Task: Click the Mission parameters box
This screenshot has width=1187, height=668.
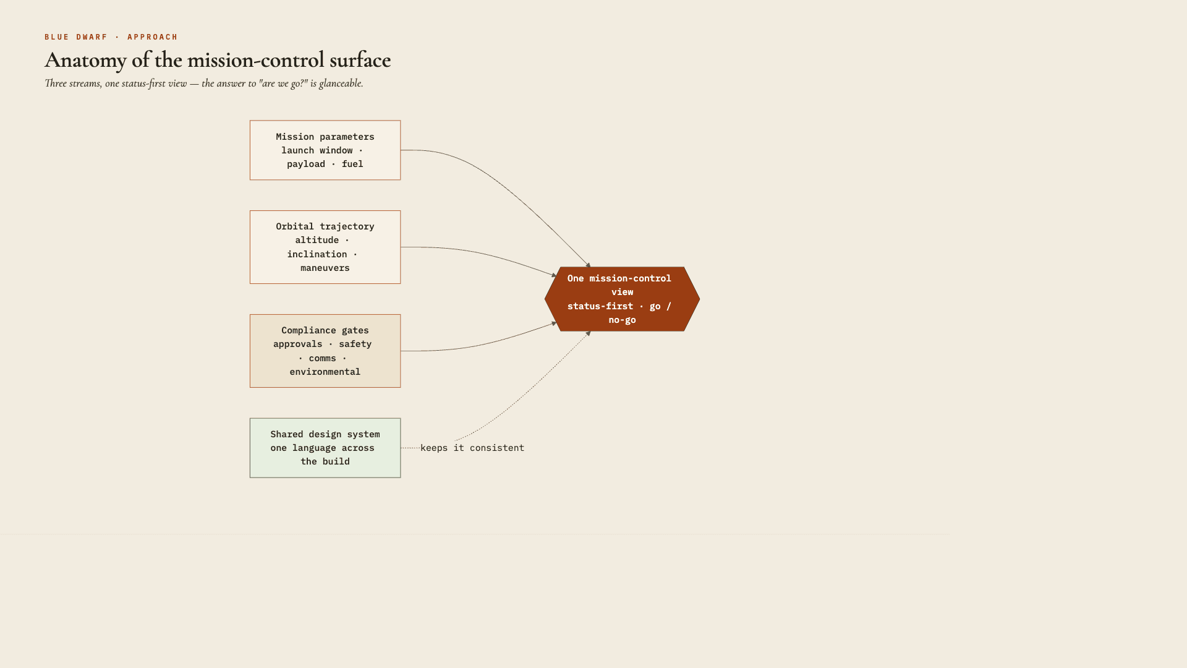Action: click(x=325, y=150)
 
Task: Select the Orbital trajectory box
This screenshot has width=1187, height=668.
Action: click(x=325, y=247)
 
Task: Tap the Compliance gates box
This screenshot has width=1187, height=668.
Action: click(x=325, y=351)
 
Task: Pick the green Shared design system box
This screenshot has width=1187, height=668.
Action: click(x=325, y=448)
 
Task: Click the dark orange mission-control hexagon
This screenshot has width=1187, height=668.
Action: click(x=622, y=299)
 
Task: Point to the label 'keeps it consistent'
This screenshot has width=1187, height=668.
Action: click(x=472, y=448)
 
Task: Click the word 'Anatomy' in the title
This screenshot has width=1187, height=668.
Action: click(x=85, y=61)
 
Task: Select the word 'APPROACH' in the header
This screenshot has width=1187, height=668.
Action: click(x=153, y=37)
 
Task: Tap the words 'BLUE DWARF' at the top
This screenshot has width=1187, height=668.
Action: click(x=76, y=37)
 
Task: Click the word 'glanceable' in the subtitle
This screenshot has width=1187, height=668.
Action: click(x=341, y=83)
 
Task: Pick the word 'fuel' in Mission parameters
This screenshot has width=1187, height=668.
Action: click(x=352, y=164)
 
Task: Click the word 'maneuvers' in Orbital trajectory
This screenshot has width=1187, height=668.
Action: click(x=325, y=268)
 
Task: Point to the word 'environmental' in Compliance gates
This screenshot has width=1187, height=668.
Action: click(x=325, y=372)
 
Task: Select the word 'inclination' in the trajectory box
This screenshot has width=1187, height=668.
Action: click(x=317, y=254)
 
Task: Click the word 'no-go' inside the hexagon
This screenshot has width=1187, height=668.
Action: click(x=622, y=320)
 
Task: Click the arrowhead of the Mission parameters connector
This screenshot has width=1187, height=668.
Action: click(x=589, y=265)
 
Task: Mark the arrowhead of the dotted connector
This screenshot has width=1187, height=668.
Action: click(x=589, y=333)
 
